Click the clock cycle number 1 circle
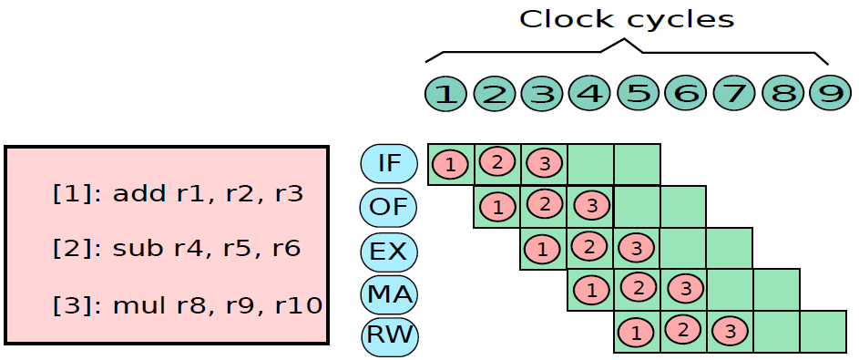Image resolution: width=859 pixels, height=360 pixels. [x=446, y=94]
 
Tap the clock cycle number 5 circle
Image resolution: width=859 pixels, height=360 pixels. [x=638, y=94]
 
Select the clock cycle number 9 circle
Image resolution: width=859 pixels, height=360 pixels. [x=831, y=94]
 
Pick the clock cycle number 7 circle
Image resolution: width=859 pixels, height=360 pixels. [x=734, y=94]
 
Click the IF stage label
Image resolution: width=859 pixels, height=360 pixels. [x=389, y=163]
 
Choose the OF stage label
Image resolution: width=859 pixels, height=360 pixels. [x=389, y=207]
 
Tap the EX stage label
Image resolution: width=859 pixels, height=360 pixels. [x=389, y=251]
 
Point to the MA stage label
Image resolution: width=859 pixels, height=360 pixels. [x=389, y=294]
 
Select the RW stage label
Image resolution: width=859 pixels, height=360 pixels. [x=390, y=335]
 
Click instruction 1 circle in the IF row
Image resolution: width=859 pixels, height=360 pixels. [x=450, y=164]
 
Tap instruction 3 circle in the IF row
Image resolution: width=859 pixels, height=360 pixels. [x=544, y=163]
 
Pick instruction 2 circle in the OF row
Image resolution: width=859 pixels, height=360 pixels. [x=545, y=205]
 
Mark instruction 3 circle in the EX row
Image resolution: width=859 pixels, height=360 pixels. [x=637, y=248]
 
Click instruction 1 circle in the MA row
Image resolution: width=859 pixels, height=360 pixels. [x=591, y=290]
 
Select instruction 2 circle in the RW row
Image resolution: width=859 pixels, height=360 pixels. [x=683, y=331]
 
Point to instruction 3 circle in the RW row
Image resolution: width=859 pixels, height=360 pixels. [x=731, y=332]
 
